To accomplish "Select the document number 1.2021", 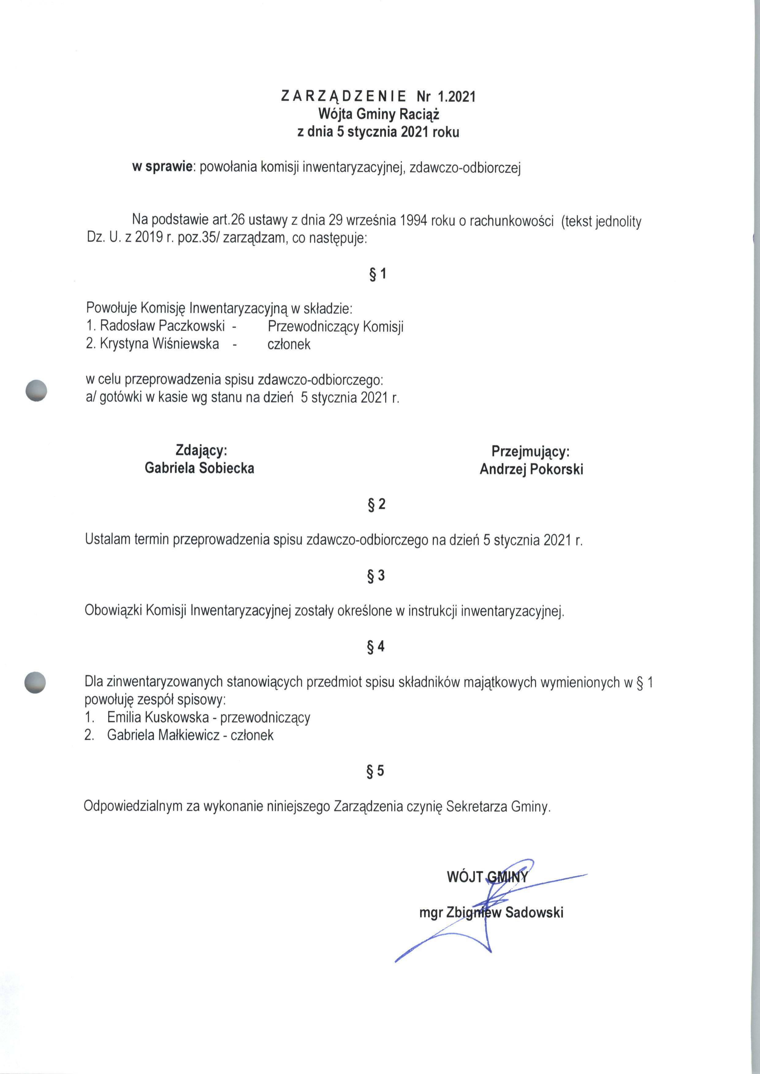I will [456, 97].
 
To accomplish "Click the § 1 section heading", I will [377, 274].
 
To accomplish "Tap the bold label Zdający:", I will [201, 450].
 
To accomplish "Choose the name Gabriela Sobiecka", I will [199, 468].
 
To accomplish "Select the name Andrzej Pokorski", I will [531, 469].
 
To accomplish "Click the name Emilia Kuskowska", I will [157, 718].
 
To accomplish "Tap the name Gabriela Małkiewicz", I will [163, 735].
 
